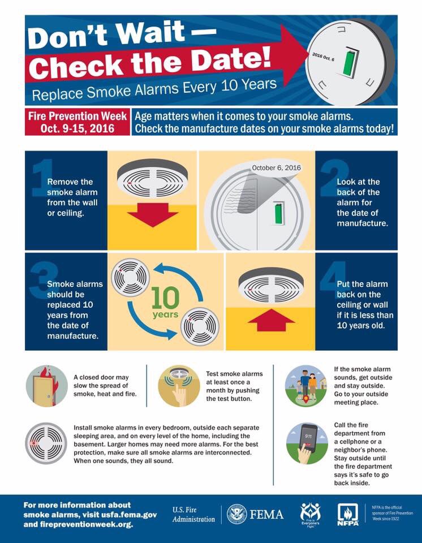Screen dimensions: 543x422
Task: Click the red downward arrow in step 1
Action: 152,214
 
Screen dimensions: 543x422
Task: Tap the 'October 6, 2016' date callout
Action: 277,168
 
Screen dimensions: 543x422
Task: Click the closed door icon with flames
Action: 46,386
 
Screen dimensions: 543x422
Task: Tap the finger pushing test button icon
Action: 178,386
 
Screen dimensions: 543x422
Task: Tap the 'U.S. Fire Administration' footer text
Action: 193,514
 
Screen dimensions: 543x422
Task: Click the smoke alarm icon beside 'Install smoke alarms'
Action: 46,443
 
